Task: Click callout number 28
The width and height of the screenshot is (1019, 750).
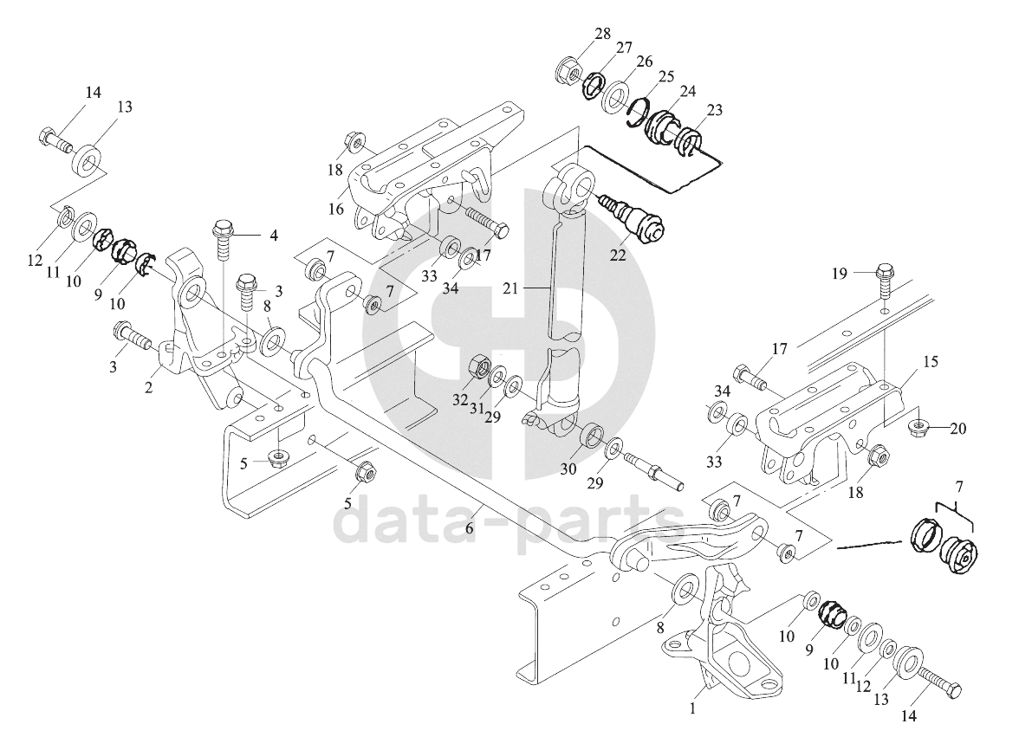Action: pos(602,34)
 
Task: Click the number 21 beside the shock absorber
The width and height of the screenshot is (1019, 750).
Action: pos(511,288)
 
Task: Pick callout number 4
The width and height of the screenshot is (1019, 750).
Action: pos(273,235)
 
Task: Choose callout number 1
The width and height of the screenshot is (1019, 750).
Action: pos(693,708)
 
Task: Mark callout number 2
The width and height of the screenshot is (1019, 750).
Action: pos(149,388)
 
